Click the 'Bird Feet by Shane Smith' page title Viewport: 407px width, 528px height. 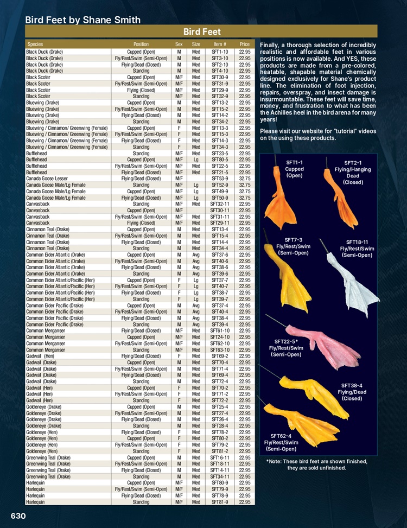tap(83, 20)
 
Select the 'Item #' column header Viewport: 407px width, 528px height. tap(219, 43)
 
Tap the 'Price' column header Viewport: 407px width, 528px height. tap(244, 43)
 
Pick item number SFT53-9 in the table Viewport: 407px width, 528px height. tap(219, 178)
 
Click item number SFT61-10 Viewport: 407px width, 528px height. tap(219, 330)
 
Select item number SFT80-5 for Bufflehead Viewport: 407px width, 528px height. tap(219, 160)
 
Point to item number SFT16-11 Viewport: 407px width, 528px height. tap(219, 457)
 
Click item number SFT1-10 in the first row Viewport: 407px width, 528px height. tap(219, 52)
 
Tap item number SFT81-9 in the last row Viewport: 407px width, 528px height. tap(219, 502)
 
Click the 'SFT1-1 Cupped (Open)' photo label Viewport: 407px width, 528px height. tap(294, 168)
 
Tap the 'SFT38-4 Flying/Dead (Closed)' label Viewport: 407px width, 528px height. tap(355, 392)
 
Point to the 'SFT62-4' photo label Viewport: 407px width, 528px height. tap(281, 436)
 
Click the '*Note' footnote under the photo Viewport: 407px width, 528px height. tap(316, 465)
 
